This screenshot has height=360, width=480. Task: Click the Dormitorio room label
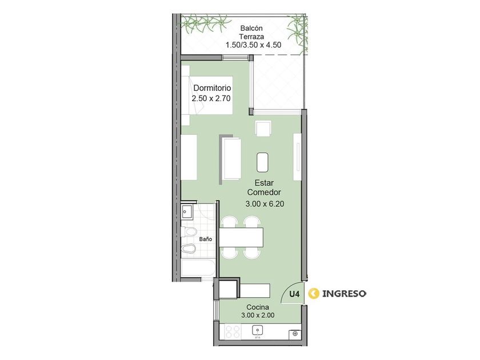[x=212, y=88]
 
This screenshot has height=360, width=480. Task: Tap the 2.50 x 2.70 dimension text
[x=211, y=98]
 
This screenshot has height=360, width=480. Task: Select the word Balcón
[x=251, y=29]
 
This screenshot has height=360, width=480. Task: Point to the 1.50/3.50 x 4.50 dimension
[x=254, y=45]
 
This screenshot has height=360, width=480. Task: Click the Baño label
[x=205, y=239]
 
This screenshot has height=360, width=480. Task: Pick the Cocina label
[x=258, y=307]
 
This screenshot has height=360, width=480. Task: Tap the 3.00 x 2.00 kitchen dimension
[x=258, y=315]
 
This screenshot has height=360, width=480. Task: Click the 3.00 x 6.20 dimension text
[x=265, y=204]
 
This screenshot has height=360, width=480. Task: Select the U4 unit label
[x=294, y=294]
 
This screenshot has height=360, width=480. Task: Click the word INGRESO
[x=345, y=294]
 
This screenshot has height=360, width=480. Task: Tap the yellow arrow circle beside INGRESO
[x=314, y=294]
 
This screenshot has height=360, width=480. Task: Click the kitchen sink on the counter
[x=258, y=331]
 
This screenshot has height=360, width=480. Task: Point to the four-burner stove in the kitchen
[x=233, y=331]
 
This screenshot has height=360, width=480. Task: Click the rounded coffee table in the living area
[x=263, y=162]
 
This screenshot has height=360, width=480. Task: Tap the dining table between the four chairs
[x=242, y=237]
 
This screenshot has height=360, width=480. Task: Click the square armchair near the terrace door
[x=263, y=129]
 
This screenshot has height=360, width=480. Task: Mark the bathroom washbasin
[x=186, y=211]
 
